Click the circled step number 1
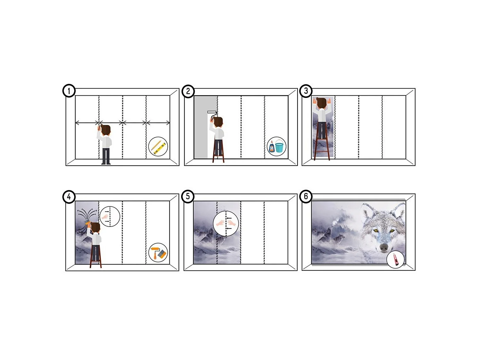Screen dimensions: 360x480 pos(69,91)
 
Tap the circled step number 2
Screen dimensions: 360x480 pos(188,91)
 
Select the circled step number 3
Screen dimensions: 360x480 pos(306,91)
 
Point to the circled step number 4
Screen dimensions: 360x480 pos(69,196)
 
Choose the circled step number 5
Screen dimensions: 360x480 pos(188,196)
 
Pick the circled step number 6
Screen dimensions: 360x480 pos(306,196)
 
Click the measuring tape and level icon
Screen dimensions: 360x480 pos(158,147)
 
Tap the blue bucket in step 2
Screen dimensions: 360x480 pos(279,147)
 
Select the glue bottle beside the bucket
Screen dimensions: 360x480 pos(271,147)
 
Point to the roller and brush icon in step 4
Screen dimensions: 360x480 pos(158,252)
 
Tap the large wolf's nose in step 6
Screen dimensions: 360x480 pos(383,247)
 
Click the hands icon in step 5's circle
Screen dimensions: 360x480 pos(226,223)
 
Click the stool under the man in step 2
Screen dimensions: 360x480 pos(219,154)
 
